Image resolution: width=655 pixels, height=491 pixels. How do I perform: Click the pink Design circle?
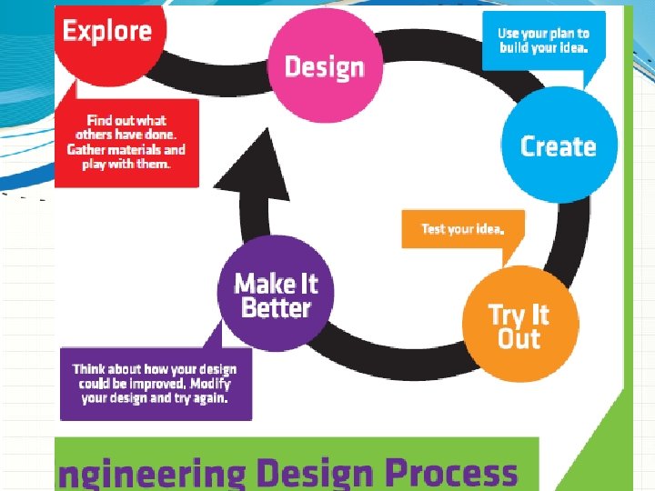(x=326, y=65)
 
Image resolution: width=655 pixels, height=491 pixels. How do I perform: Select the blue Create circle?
(x=559, y=146)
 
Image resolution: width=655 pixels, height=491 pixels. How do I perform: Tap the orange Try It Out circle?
(x=519, y=326)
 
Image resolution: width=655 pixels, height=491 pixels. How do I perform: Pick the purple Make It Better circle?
(x=276, y=293)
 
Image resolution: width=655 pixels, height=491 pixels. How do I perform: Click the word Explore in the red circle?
(x=107, y=32)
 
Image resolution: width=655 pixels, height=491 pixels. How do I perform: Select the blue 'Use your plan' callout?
(x=543, y=41)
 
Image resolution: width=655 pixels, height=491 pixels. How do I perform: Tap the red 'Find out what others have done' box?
(x=126, y=143)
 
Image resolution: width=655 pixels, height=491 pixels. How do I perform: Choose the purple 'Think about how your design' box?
(x=155, y=384)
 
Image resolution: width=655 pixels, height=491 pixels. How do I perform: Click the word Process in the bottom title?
(x=451, y=473)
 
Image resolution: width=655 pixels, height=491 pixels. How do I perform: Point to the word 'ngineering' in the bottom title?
(x=151, y=475)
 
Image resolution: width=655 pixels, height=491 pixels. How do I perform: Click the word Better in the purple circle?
(x=277, y=307)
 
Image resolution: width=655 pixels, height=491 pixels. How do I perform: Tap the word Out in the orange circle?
(x=519, y=339)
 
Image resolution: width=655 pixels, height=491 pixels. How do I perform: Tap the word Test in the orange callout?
(x=434, y=228)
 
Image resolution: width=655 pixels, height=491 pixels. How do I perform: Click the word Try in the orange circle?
(x=506, y=315)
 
